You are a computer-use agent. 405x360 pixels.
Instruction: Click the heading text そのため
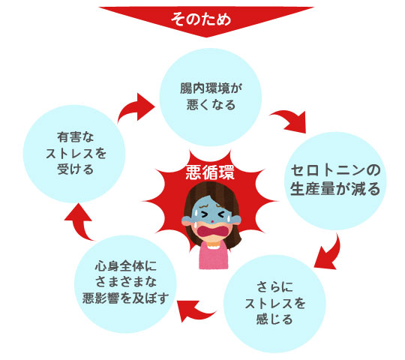click(x=201, y=19)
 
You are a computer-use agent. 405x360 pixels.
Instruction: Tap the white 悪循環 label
click(x=210, y=172)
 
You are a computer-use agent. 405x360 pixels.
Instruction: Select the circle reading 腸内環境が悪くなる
click(x=211, y=97)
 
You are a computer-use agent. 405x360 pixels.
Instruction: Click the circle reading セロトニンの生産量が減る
click(x=335, y=181)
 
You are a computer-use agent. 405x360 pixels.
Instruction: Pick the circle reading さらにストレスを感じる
click(x=274, y=304)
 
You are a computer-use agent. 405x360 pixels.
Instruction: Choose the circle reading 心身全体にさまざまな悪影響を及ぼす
click(x=125, y=284)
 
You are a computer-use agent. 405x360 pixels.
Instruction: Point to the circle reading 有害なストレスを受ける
click(x=74, y=154)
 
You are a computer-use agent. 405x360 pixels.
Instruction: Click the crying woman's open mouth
click(x=212, y=230)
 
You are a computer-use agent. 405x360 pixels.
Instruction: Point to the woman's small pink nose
click(x=211, y=221)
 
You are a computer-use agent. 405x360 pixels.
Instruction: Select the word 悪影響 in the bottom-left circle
click(x=100, y=298)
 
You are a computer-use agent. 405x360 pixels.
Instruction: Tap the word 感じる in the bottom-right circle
click(x=274, y=319)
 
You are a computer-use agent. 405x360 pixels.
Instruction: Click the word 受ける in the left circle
click(x=75, y=169)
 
